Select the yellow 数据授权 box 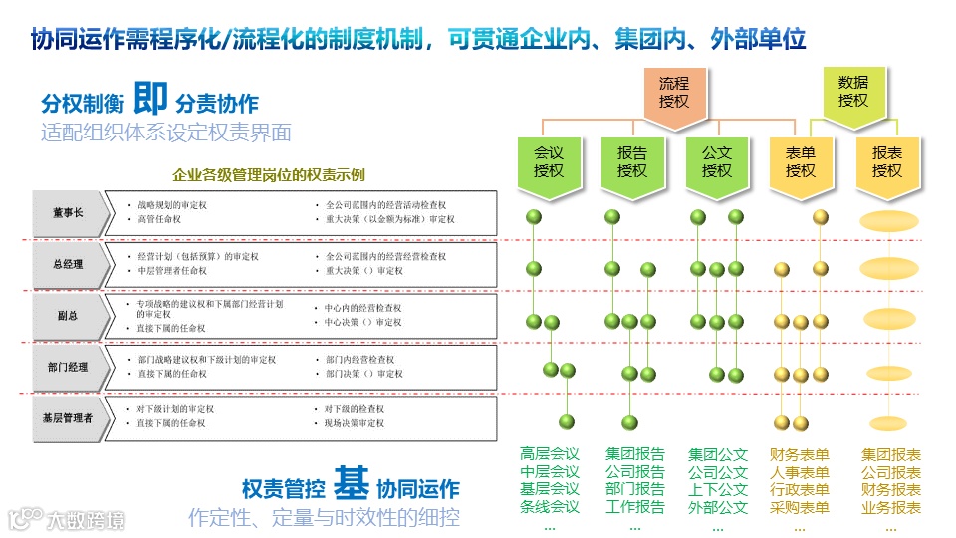tap(852, 91)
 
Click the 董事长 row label tap(69, 213)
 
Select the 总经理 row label tap(69, 265)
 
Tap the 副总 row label tap(69, 316)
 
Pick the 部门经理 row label tap(69, 368)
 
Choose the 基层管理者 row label tap(69, 419)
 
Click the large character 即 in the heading tap(150, 99)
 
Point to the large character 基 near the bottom tap(352, 485)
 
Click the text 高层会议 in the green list tap(549, 454)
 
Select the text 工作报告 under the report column tap(634, 507)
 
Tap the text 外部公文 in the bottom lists tap(717, 507)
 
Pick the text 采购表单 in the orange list tap(799, 507)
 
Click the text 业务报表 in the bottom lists tap(891, 507)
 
